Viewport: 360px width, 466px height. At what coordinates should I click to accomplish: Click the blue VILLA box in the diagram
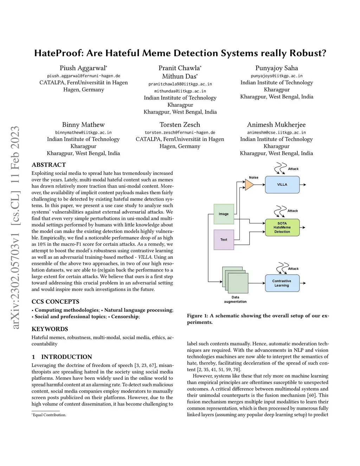[x=282, y=185]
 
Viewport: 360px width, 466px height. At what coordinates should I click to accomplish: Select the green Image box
[x=224, y=214]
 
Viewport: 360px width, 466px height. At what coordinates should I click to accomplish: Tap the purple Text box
[x=224, y=240]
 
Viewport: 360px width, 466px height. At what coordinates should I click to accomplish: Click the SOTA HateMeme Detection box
[x=282, y=228]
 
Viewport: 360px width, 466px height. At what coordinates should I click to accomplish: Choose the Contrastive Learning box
[x=282, y=283]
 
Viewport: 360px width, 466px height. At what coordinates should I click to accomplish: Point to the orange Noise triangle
[x=249, y=185]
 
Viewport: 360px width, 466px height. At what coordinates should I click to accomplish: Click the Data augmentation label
[x=235, y=299]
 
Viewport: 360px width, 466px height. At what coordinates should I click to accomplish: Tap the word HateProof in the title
[x=59, y=53]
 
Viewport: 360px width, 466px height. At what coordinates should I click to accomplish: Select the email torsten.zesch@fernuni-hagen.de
[x=180, y=133]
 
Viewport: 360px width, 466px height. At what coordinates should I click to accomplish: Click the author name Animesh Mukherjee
[x=276, y=125]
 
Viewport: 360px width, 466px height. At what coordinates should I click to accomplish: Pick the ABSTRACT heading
[x=49, y=165]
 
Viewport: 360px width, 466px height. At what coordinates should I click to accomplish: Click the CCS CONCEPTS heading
[x=55, y=302]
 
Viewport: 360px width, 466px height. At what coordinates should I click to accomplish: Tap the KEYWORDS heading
[x=50, y=329]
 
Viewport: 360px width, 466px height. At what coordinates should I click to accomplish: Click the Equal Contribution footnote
[x=49, y=415]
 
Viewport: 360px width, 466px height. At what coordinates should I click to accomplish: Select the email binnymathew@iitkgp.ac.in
[x=83, y=133]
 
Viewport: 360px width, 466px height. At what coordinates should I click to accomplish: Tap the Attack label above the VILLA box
[x=293, y=169]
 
